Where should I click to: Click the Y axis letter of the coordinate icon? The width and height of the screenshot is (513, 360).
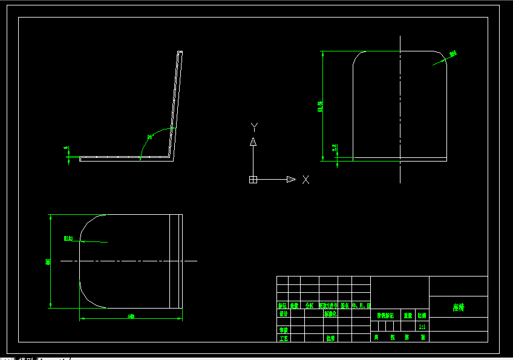[x=255, y=127]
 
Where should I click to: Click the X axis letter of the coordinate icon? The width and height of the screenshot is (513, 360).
[x=306, y=180]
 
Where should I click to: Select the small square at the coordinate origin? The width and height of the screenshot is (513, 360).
[x=253, y=179]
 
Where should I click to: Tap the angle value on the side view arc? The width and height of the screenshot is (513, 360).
[x=150, y=137]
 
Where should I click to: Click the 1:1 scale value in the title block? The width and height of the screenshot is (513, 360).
[x=422, y=326]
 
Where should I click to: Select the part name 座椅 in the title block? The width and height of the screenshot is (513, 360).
[x=458, y=307]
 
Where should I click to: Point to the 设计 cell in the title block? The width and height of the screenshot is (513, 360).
[x=283, y=314]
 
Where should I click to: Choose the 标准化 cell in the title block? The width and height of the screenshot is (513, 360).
[x=330, y=314]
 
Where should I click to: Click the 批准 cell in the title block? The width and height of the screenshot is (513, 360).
[x=330, y=338]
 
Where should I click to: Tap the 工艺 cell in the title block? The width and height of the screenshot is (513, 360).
[x=283, y=338]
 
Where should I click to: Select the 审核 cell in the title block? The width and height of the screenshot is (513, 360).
[x=283, y=330]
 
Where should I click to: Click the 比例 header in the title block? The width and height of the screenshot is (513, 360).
[x=422, y=315]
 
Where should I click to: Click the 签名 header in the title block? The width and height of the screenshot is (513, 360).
[x=345, y=306]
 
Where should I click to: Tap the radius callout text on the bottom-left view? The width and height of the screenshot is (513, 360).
[x=68, y=238]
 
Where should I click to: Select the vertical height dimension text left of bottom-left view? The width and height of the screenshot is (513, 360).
[x=48, y=261]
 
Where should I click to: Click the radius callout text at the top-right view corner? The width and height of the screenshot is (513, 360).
[x=453, y=54]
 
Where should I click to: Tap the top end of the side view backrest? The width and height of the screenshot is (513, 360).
[x=180, y=53]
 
